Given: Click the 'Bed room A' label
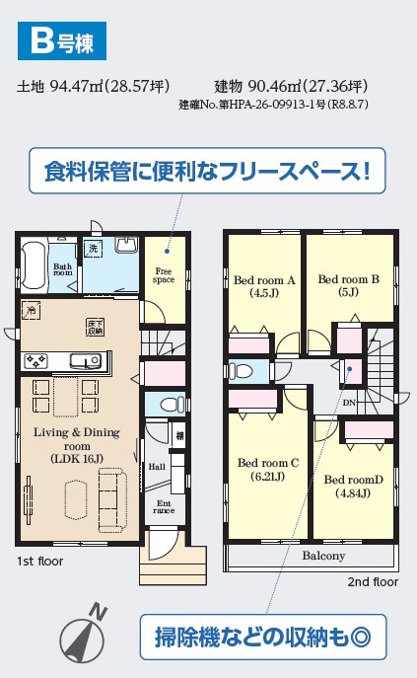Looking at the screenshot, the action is [x=264, y=280].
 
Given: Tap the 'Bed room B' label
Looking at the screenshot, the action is [x=348, y=279].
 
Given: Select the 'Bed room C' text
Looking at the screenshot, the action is [x=268, y=463].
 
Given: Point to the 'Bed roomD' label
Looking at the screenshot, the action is [x=354, y=480].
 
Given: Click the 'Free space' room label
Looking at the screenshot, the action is [x=164, y=275].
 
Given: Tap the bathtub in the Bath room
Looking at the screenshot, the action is [x=34, y=265].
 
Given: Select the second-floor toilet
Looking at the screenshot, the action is [x=242, y=371].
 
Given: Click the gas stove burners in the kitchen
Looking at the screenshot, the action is [x=35, y=361].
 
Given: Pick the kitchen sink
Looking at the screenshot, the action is [x=86, y=360].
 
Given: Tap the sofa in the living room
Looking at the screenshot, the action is [x=112, y=501].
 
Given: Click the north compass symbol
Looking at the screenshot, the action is [x=84, y=637].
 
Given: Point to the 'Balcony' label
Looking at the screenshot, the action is [x=323, y=556].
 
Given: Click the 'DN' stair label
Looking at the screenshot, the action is [x=349, y=403].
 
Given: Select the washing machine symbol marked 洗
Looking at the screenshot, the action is [x=93, y=248].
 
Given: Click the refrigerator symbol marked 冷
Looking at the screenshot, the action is [x=31, y=310].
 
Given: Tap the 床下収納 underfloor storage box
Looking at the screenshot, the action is [x=95, y=328].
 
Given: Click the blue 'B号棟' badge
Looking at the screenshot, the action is [x=62, y=41].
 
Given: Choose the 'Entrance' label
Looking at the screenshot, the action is [x=164, y=506].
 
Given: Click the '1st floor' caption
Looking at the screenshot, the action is [x=39, y=562].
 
